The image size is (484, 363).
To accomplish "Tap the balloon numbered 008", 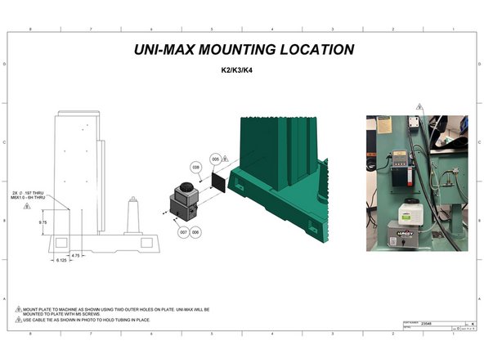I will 196,167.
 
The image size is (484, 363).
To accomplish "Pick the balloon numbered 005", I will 215,158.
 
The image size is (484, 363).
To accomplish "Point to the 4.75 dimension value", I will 75,255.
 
